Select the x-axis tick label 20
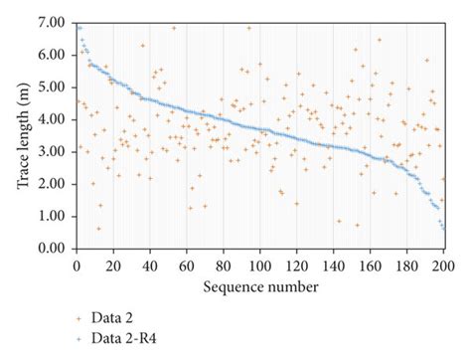pyautogui.click(x=113, y=266)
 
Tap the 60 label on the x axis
pyautogui.click(x=187, y=266)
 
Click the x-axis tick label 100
pyautogui.click(x=260, y=266)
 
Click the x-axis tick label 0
pyautogui.click(x=77, y=266)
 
